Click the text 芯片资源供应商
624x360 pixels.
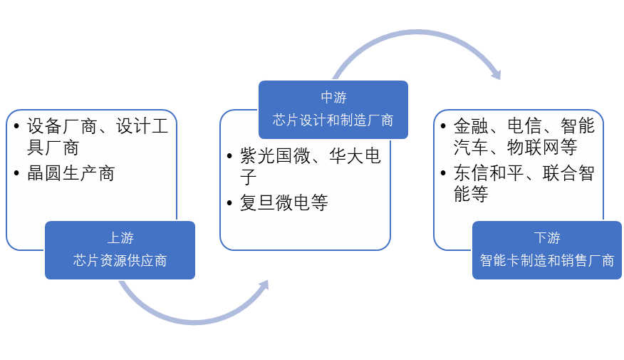pyautogui.click(x=120, y=261)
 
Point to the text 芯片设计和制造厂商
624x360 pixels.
pyautogui.click(x=333, y=120)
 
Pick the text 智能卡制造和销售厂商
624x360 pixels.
pyautogui.click(x=547, y=261)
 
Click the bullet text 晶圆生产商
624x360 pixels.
pyautogui.click(x=71, y=173)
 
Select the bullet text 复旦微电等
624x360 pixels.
pyautogui.click(x=284, y=202)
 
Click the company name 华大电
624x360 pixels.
pyautogui.click(x=355, y=156)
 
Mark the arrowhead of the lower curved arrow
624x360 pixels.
pyautogui.click(x=263, y=286)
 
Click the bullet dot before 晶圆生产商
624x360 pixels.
pyautogui.click(x=17, y=173)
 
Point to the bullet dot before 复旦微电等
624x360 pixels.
pyautogui.click(x=230, y=202)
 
